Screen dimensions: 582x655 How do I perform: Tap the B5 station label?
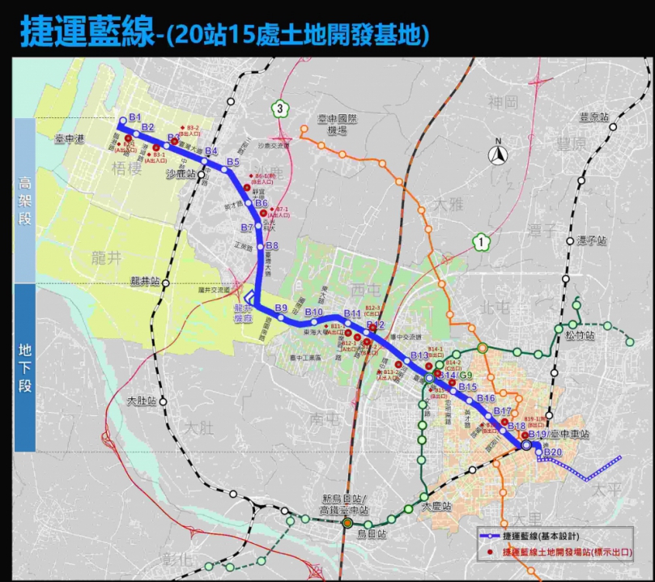[233, 163]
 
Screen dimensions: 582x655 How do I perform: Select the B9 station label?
[281, 308]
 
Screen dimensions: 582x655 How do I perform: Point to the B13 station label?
[419, 356]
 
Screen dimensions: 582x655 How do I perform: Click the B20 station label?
[553, 452]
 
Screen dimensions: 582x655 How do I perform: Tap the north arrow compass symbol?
[500, 153]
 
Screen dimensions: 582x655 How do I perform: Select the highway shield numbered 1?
[482, 240]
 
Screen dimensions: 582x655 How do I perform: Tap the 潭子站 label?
[592, 240]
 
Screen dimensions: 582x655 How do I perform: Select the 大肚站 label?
[143, 401]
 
